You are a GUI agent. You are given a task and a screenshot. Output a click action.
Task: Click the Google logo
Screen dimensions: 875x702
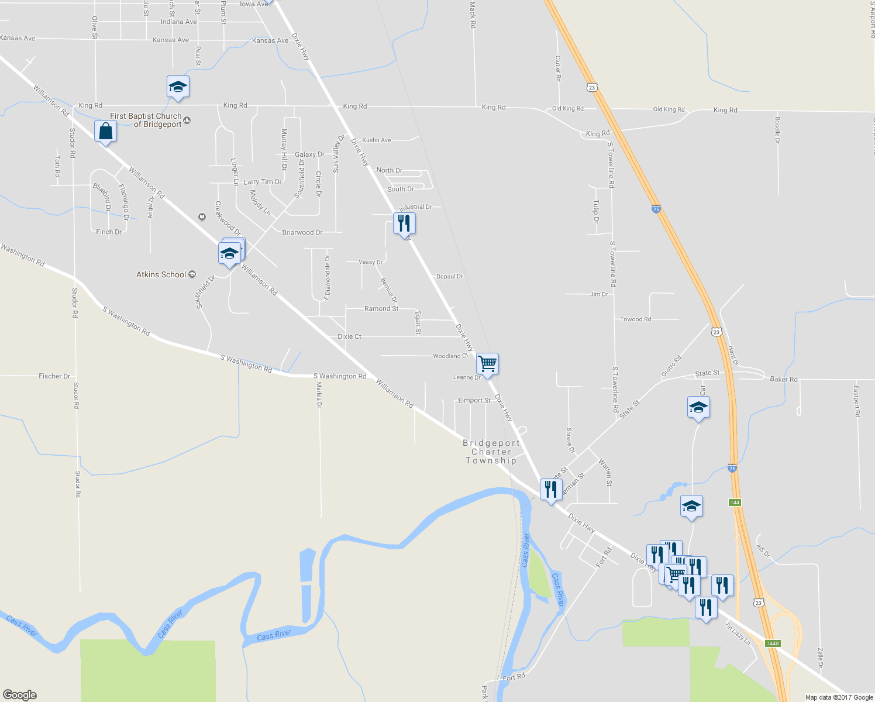coord(20,694)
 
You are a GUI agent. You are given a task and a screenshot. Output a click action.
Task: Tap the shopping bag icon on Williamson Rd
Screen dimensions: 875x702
coord(105,132)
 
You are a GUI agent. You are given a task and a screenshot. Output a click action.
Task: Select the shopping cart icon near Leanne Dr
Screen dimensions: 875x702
coord(487,364)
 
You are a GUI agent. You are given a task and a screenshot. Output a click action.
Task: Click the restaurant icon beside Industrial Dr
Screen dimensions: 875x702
coord(404,223)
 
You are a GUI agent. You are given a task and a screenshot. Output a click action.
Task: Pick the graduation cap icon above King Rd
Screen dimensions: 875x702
coord(178,87)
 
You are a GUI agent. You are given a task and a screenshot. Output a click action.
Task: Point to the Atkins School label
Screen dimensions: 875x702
coord(161,274)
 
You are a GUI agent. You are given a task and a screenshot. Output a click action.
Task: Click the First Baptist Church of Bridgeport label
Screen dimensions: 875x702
coord(146,120)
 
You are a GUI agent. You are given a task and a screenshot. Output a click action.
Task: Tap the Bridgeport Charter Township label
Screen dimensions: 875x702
coord(491,452)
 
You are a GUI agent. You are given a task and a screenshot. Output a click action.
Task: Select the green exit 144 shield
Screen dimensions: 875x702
coord(735,503)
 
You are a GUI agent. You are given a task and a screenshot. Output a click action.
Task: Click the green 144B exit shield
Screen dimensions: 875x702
coord(773,643)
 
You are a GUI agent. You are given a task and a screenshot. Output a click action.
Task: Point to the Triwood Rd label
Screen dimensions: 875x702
coord(636,319)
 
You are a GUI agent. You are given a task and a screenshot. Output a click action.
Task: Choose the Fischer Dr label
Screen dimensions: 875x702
coord(54,376)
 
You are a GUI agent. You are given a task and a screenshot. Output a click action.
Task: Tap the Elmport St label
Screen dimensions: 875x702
coord(474,401)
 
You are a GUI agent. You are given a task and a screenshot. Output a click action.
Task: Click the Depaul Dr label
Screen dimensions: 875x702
coord(450,276)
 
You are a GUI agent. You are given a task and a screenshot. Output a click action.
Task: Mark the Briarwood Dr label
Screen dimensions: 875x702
coord(302,232)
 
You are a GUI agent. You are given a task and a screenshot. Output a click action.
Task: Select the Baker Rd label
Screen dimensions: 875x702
coord(784,379)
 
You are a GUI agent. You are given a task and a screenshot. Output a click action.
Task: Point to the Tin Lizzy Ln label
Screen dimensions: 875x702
coord(738,634)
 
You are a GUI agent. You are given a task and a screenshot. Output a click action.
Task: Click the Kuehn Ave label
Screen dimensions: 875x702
coord(377,140)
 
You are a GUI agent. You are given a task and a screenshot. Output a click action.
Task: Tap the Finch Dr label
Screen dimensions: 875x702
coord(109,232)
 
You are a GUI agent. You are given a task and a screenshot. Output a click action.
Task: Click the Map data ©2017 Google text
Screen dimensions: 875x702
coord(839,697)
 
